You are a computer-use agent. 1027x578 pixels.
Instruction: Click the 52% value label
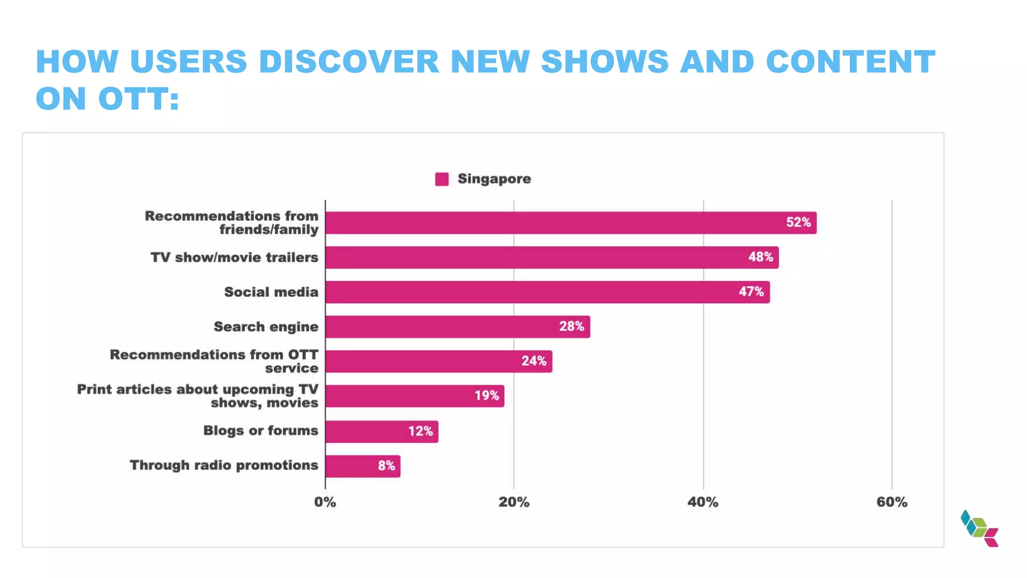(x=798, y=222)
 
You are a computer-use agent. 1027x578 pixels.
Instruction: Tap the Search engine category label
(x=266, y=327)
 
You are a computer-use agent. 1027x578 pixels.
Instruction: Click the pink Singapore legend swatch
(x=442, y=179)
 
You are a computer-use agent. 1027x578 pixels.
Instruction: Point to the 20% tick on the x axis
(x=513, y=502)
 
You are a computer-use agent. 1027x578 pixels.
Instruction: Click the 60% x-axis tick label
(x=892, y=502)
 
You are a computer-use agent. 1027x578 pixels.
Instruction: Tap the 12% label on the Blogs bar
(x=420, y=431)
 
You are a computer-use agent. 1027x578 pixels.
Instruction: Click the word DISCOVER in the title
(x=349, y=62)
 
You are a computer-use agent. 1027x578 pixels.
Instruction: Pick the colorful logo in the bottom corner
(x=979, y=528)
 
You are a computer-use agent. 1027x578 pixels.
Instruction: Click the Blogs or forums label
(x=260, y=430)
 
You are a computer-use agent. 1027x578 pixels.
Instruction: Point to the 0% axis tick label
(x=325, y=502)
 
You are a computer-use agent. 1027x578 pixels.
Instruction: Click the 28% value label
(x=572, y=327)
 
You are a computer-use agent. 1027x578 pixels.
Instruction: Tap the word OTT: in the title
(x=139, y=98)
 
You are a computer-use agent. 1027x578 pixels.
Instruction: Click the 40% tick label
(x=703, y=502)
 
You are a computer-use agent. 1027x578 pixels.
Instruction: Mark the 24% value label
(x=534, y=361)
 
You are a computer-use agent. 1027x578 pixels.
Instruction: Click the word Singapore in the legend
(x=494, y=179)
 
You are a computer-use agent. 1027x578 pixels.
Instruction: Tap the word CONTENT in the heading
(x=850, y=62)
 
